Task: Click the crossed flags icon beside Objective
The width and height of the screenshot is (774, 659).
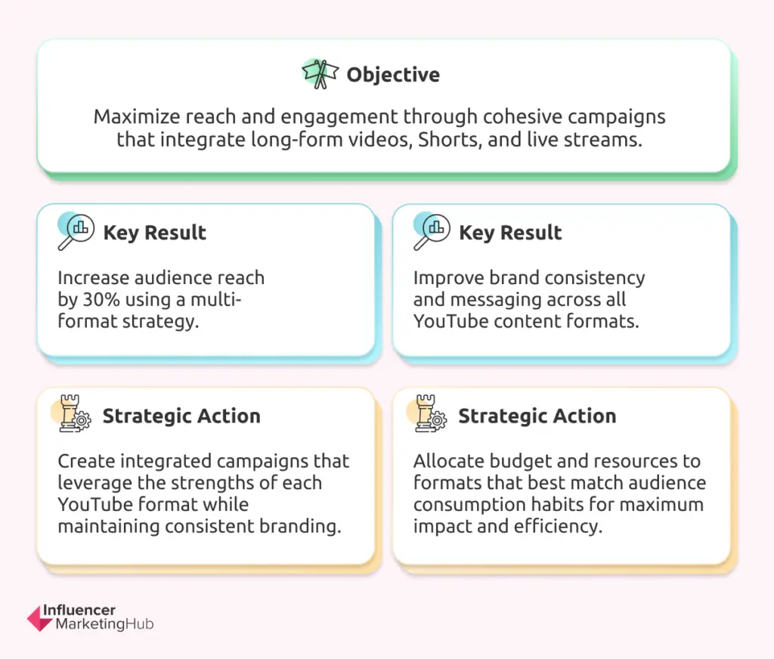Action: (320, 74)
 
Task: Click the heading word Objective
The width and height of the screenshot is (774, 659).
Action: (393, 75)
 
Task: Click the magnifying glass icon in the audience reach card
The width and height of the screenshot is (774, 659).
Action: (76, 231)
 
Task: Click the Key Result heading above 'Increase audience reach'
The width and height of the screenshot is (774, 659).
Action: (154, 233)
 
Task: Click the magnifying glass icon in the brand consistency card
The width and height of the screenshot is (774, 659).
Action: (432, 231)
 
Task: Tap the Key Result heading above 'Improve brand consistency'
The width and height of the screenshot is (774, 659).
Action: (510, 233)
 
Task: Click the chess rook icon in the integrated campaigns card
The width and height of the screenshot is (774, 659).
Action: (72, 413)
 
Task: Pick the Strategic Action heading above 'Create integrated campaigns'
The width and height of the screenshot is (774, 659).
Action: (181, 416)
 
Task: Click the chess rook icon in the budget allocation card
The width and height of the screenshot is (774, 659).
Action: (428, 413)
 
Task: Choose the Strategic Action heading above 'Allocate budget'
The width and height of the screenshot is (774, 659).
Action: (537, 416)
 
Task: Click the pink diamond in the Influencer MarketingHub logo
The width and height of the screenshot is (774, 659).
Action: (40, 618)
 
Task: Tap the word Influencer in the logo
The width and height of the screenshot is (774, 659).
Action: (79, 610)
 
